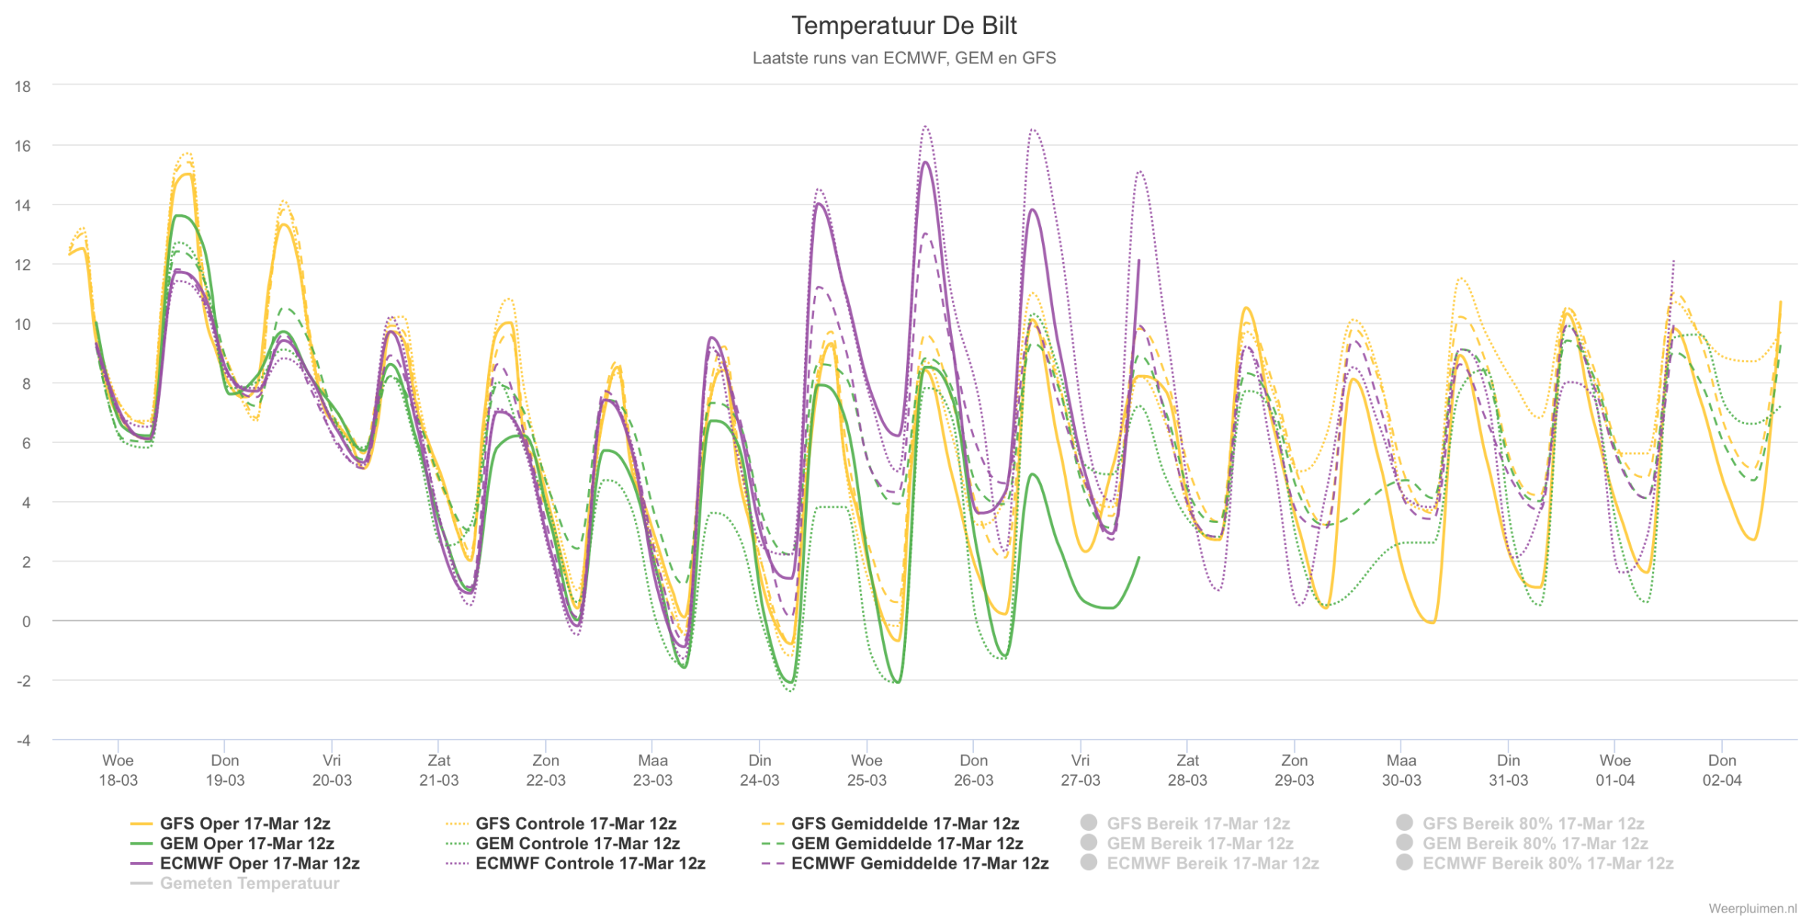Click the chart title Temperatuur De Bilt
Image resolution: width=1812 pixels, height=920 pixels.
pyautogui.click(x=904, y=26)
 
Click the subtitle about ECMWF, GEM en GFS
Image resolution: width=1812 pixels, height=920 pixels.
pyautogui.click(x=904, y=58)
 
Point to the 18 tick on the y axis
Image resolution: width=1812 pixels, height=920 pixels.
pyautogui.click(x=23, y=86)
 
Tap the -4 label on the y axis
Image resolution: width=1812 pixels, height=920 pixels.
pyautogui.click(x=24, y=740)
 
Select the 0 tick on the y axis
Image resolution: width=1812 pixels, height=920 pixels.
pyautogui.click(x=26, y=621)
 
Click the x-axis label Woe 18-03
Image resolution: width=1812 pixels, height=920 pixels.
pyautogui.click(x=118, y=770)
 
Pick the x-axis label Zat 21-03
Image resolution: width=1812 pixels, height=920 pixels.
pyautogui.click(x=439, y=770)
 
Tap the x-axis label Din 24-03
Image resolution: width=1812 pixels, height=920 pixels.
pyautogui.click(x=760, y=770)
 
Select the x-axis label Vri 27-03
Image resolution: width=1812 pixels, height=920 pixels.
pyautogui.click(x=1080, y=770)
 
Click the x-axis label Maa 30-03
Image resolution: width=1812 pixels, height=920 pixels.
pyautogui.click(x=1401, y=770)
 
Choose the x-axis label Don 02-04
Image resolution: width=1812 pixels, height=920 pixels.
pyautogui.click(x=1722, y=770)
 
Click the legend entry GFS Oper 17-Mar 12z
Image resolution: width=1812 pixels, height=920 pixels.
pyautogui.click(x=230, y=823)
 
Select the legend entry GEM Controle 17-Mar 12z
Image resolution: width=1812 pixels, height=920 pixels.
pyautogui.click(x=562, y=843)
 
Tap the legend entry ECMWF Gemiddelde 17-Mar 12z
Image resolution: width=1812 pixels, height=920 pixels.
pyautogui.click(x=905, y=863)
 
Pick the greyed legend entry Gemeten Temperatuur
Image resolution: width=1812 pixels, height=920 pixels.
pyautogui.click(x=235, y=883)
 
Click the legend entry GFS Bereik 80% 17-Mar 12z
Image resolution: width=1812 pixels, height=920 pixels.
pyautogui.click(x=1521, y=823)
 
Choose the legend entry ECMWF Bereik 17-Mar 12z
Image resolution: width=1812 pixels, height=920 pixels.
pyautogui.click(x=1200, y=863)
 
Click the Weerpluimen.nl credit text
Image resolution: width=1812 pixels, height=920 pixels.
pyautogui.click(x=1752, y=909)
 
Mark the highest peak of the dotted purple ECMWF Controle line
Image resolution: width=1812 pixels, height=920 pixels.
pyautogui.click(x=926, y=126)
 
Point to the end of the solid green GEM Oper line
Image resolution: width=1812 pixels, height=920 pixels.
pyautogui.click(x=1139, y=558)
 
